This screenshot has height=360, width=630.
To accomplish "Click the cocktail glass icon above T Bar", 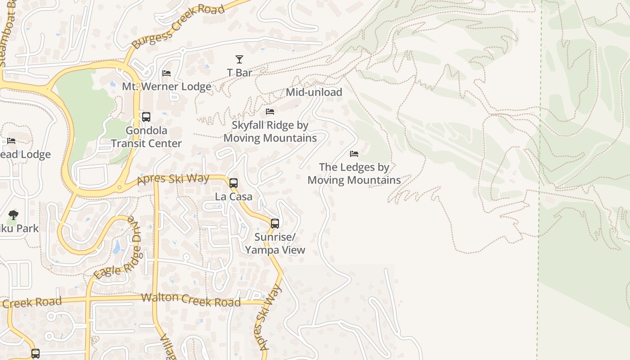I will pyautogui.click(x=239, y=59).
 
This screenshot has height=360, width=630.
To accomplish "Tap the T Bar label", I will pyautogui.click(x=239, y=72).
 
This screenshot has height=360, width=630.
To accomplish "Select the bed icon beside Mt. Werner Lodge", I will pyautogui.click(x=166, y=73).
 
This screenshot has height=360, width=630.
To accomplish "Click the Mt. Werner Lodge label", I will pyautogui.click(x=166, y=86).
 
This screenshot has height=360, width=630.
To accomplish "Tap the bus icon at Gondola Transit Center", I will pyautogui.click(x=146, y=117).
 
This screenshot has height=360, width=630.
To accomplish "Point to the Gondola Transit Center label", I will pyautogui.click(x=146, y=137).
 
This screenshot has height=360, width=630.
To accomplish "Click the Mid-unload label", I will pyautogui.click(x=314, y=92).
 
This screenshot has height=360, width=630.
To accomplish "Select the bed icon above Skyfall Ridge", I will pyautogui.click(x=270, y=111).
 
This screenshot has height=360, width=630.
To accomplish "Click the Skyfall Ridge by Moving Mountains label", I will pyautogui.click(x=270, y=131).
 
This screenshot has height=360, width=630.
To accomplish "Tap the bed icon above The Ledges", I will pyautogui.click(x=354, y=154).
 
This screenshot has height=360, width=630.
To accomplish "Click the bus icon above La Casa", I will pyautogui.click(x=234, y=183).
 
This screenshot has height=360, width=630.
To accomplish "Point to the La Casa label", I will pyautogui.click(x=234, y=197).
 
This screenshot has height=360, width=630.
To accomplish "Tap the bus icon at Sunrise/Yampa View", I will pyautogui.click(x=275, y=223).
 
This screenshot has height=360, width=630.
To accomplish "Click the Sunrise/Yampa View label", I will pyautogui.click(x=275, y=243).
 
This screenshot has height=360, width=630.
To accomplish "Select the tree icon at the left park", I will pyautogui.click(x=13, y=215).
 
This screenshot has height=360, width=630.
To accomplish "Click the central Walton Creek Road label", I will pyautogui.click(x=191, y=300).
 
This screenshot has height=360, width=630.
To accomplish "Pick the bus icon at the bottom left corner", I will pyautogui.click(x=36, y=354).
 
